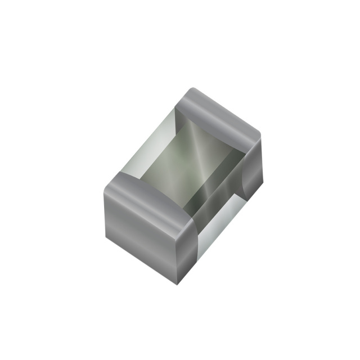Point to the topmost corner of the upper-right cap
(x=192, y=88)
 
